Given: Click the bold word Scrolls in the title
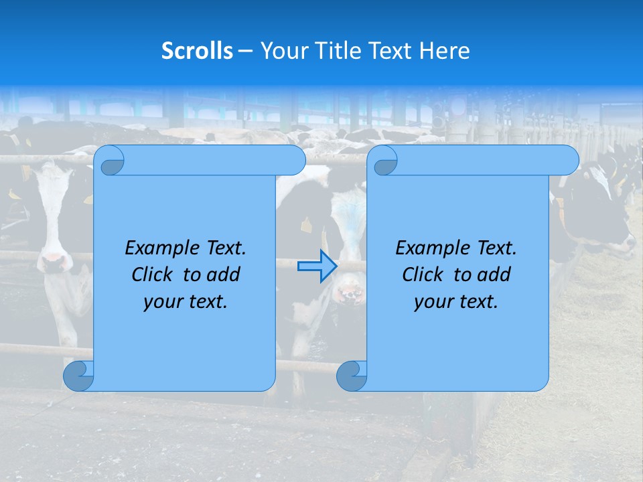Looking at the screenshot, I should [198, 51].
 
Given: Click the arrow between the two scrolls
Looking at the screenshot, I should [317, 266].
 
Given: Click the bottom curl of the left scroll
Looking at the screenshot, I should [78, 376].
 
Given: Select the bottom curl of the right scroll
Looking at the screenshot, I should [352, 376].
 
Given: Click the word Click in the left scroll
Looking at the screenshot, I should [155, 274].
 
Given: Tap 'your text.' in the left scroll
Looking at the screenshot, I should [185, 302].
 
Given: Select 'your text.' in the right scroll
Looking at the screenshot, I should [455, 302].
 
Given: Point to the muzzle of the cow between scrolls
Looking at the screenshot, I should [350, 291].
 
